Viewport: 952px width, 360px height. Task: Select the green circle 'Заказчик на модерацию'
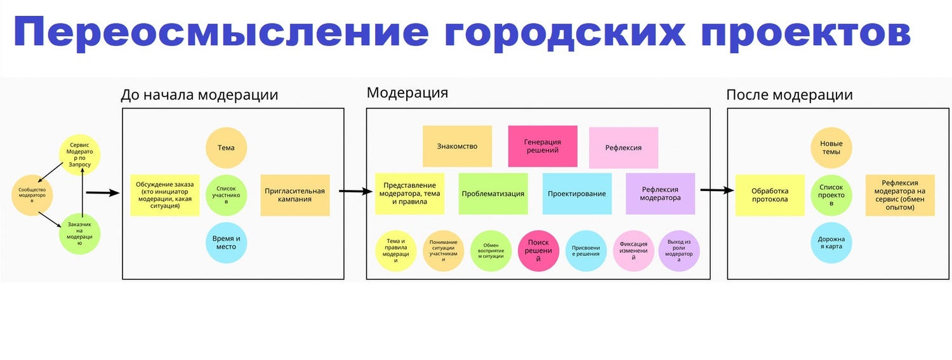coord(80,234)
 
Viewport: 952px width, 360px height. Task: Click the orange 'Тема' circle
coord(226,148)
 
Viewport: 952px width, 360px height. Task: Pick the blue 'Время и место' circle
coord(226,243)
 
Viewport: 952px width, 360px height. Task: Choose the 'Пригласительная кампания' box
coord(294,195)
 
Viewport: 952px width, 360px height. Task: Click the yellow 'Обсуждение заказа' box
coord(164,195)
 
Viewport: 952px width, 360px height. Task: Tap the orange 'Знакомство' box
coord(457,147)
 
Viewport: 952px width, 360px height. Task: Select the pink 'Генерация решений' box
coord(543,147)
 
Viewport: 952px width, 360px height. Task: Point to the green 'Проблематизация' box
coord(493,194)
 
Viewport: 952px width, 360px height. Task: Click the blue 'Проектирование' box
coord(577,194)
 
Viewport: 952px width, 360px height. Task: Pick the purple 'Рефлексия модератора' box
coord(660,194)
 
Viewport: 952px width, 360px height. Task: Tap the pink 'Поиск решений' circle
coord(539,251)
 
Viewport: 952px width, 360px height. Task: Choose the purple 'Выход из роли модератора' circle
coord(679,251)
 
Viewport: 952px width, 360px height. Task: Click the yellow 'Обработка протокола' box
coord(769,195)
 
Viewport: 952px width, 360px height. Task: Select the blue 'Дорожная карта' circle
coord(831,243)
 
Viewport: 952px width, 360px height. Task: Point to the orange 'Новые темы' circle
coord(831,148)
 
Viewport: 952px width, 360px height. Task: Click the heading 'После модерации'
coord(789,95)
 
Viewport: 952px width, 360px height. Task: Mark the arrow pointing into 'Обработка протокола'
coord(717,190)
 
